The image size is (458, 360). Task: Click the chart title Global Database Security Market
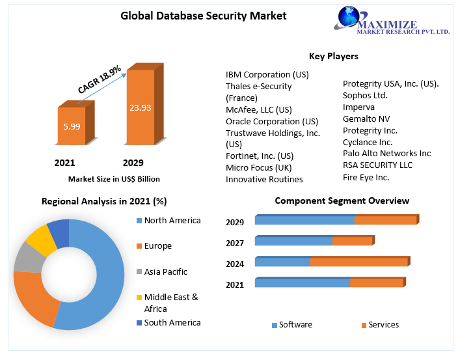point(204,16)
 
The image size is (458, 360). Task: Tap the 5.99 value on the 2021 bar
point(72,126)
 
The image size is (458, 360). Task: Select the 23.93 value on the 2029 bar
point(140,107)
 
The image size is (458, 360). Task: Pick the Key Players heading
point(334,56)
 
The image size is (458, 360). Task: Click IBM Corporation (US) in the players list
point(267,74)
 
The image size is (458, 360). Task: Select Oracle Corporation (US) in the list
point(271,121)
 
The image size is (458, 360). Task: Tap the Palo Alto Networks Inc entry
point(386,153)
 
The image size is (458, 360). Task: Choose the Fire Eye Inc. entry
point(366,176)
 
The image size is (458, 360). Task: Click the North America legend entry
point(172,220)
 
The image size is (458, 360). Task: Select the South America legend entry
point(172,322)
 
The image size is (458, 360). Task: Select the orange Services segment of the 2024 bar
point(359,262)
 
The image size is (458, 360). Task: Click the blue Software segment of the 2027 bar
point(293,241)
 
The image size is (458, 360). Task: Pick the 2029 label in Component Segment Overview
point(235,222)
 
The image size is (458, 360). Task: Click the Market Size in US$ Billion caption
point(114,178)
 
